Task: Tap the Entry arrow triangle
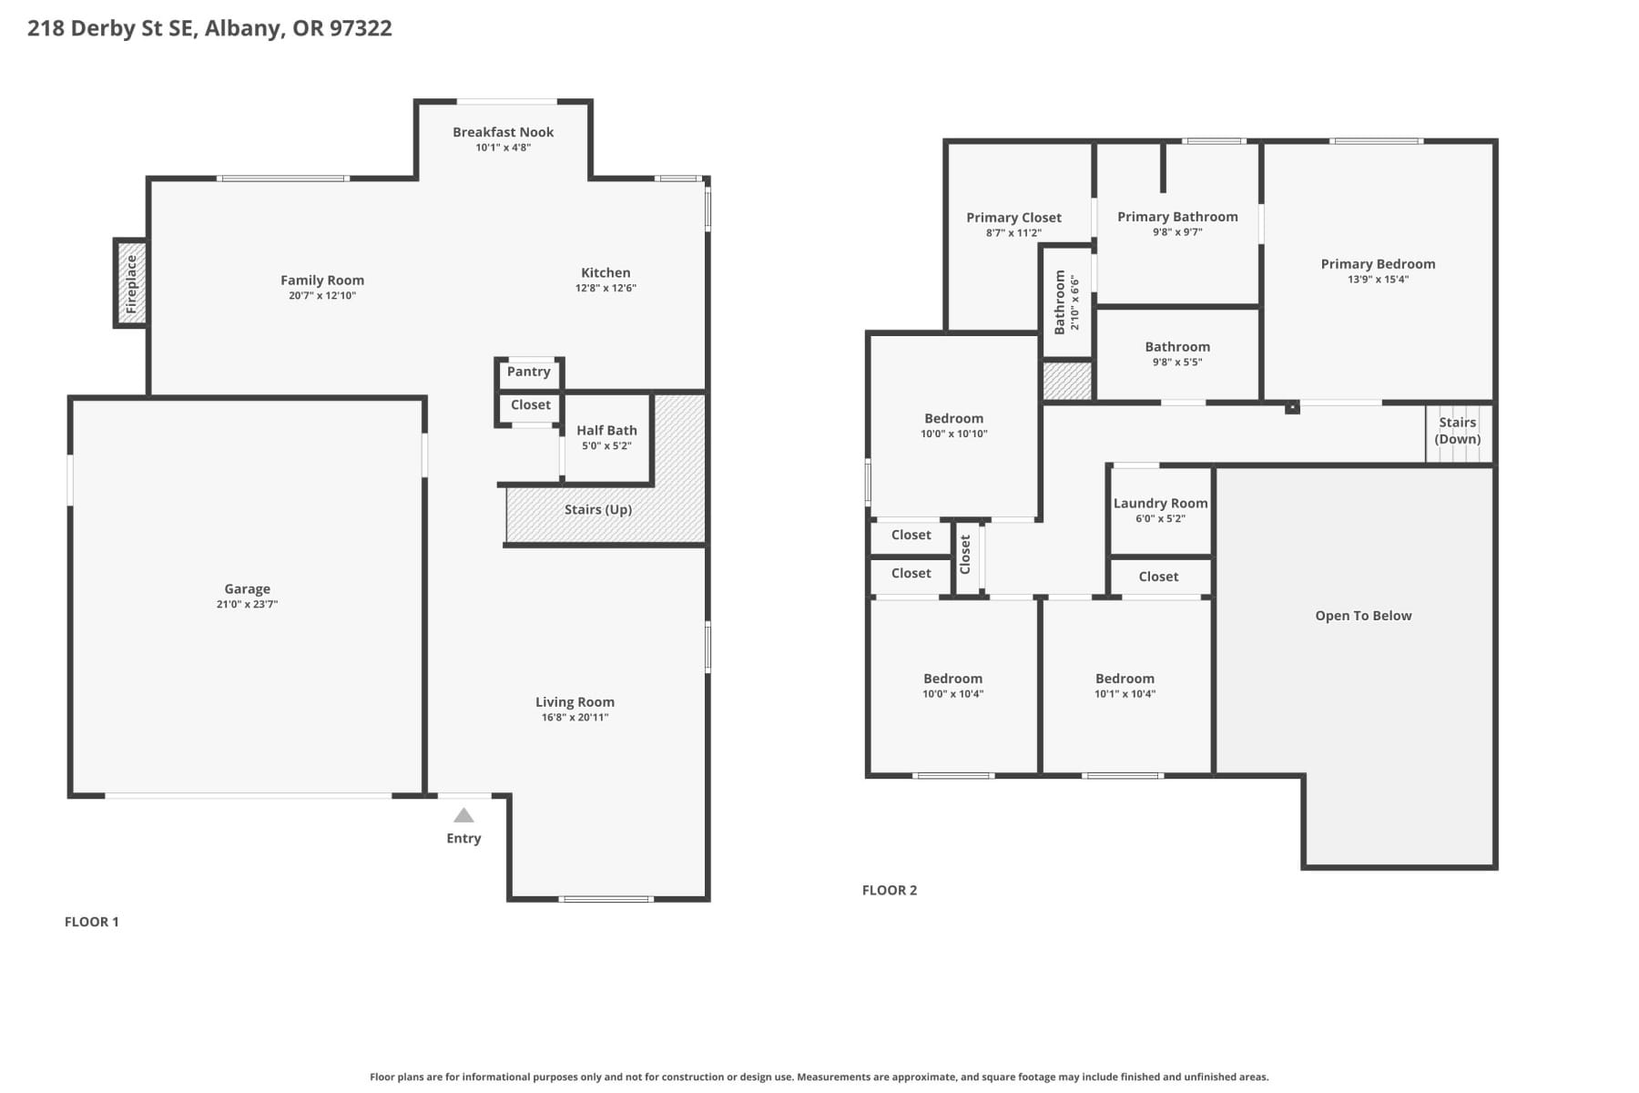(x=463, y=815)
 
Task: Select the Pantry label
(x=528, y=372)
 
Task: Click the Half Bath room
(x=606, y=436)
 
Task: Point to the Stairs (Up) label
(x=597, y=510)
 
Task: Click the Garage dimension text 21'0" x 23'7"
(x=247, y=605)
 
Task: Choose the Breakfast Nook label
(x=503, y=132)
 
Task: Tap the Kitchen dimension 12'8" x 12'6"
(x=606, y=289)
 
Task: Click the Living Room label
(x=575, y=702)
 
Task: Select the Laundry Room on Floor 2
(x=1160, y=510)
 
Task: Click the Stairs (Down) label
(x=1457, y=430)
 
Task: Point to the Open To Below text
(x=1363, y=616)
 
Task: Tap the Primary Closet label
(x=1013, y=218)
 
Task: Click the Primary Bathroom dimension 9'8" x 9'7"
(x=1177, y=232)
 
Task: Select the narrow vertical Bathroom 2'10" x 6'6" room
(x=1066, y=301)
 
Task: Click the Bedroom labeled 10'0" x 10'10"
(x=953, y=425)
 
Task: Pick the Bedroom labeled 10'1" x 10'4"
(x=1125, y=685)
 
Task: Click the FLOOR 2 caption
(x=890, y=891)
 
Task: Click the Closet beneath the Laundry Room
(x=1158, y=577)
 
